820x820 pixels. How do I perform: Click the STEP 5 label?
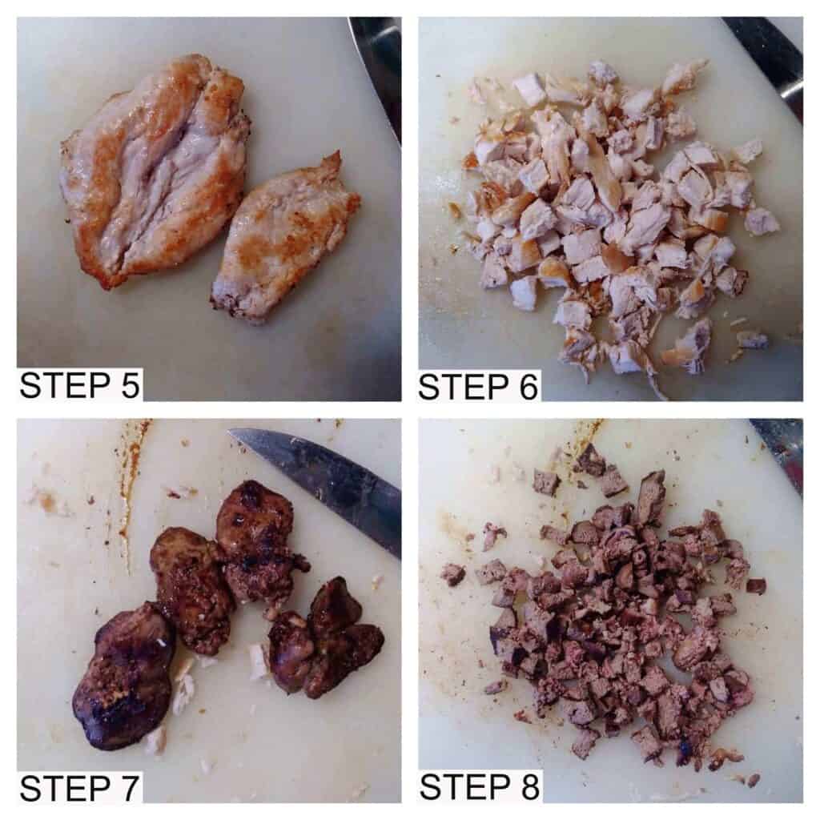pyautogui.click(x=79, y=385)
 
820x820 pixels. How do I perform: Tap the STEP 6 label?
pyautogui.click(x=478, y=387)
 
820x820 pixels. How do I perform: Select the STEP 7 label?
pyautogui.click(x=79, y=788)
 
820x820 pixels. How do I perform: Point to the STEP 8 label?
pyautogui.click(x=480, y=787)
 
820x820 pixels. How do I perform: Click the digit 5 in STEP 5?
pyautogui.click(x=131, y=385)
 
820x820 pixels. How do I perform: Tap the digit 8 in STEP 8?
pyautogui.click(x=529, y=787)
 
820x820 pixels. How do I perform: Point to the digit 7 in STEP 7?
pyautogui.click(x=131, y=788)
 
